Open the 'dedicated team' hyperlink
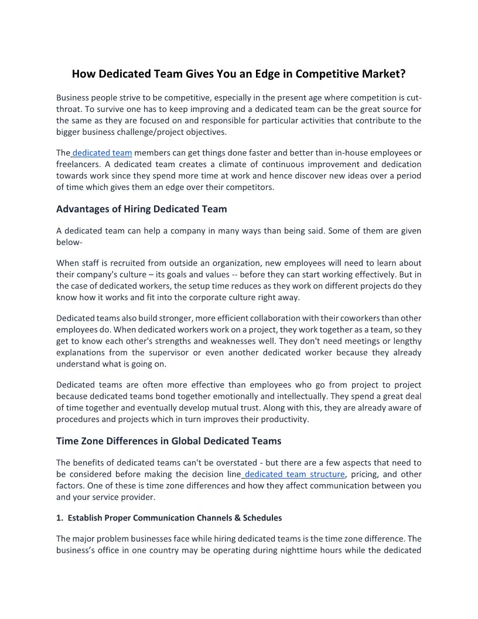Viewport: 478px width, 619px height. point(102,153)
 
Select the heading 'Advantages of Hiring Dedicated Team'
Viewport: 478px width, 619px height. point(141,209)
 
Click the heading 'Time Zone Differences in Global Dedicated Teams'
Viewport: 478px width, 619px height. point(169,441)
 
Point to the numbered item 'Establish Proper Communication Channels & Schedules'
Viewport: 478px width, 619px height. point(175,518)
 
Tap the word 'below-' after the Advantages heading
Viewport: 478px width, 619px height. point(69,242)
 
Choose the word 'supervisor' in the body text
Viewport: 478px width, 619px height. point(185,352)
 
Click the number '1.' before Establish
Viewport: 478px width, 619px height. point(60,518)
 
